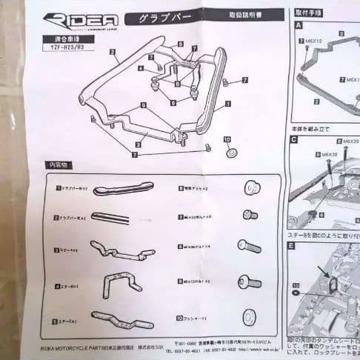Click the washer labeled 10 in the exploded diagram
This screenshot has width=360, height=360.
click(230, 152)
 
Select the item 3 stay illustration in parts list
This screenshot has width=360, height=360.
click(119, 250)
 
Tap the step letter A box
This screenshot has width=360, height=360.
click(298, 24)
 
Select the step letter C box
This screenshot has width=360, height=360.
click(295, 139)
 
